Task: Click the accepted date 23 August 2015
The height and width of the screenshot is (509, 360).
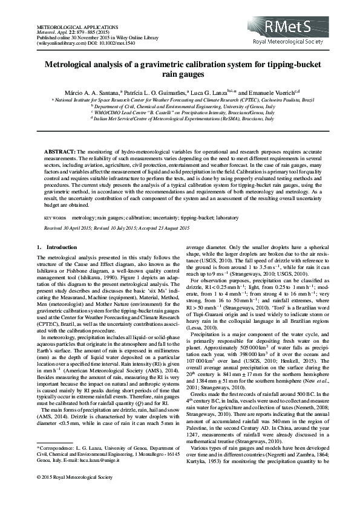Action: (x=155, y=227)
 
